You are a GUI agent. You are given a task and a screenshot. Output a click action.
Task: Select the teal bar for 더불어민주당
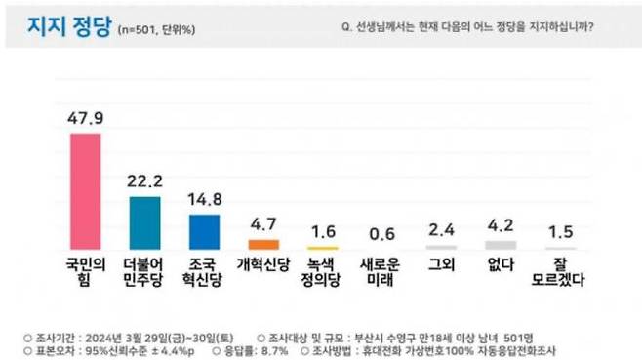pyautogui.click(x=144, y=222)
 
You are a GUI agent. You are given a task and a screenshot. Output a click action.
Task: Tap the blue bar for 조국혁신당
pyautogui.click(x=204, y=232)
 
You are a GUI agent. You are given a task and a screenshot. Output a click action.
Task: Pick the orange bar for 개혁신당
pyautogui.click(x=264, y=244)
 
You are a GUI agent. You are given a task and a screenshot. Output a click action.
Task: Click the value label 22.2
pyautogui.click(x=144, y=181)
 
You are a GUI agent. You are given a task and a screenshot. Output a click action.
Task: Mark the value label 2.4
pyautogui.click(x=442, y=230)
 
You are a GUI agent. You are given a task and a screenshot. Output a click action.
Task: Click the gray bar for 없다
pyautogui.click(x=501, y=245)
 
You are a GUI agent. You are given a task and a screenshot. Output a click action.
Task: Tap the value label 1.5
pyautogui.click(x=559, y=232)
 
